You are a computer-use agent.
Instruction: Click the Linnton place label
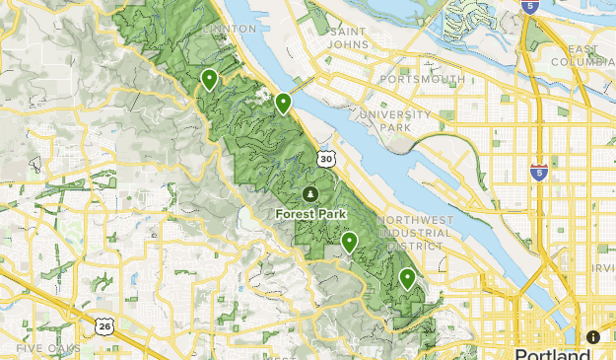228,30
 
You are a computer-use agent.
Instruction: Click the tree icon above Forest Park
311,193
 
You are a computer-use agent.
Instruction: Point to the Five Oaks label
41,348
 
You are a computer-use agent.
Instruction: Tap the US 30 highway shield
325,158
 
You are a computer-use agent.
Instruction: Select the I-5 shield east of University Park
538,171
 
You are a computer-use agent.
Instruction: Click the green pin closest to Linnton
209,79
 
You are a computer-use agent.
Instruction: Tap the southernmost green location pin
407,278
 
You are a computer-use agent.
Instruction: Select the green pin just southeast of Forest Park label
349,241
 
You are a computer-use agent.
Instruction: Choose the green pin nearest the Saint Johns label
283,102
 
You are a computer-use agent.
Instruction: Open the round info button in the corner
593,336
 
